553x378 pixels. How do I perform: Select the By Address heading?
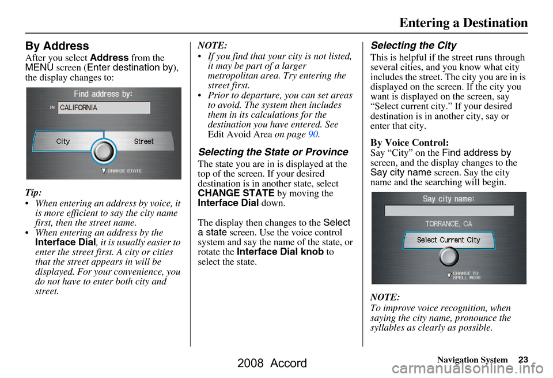click(56, 46)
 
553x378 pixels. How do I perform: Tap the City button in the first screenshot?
click(63, 141)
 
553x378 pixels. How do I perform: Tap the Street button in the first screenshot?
click(144, 141)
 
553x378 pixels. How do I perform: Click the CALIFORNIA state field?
click(104, 108)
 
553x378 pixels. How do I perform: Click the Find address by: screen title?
click(103, 94)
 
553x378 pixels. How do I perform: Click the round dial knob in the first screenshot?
click(103, 151)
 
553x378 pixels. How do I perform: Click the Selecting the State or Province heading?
click(272, 152)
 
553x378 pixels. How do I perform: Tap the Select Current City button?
click(449, 239)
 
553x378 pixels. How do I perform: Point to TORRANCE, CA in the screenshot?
click(449, 223)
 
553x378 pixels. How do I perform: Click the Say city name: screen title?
click(449, 199)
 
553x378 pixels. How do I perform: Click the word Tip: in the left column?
click(33, 191)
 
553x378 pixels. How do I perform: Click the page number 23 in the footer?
click(522, 360)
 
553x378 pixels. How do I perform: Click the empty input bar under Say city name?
click(449, 211)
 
